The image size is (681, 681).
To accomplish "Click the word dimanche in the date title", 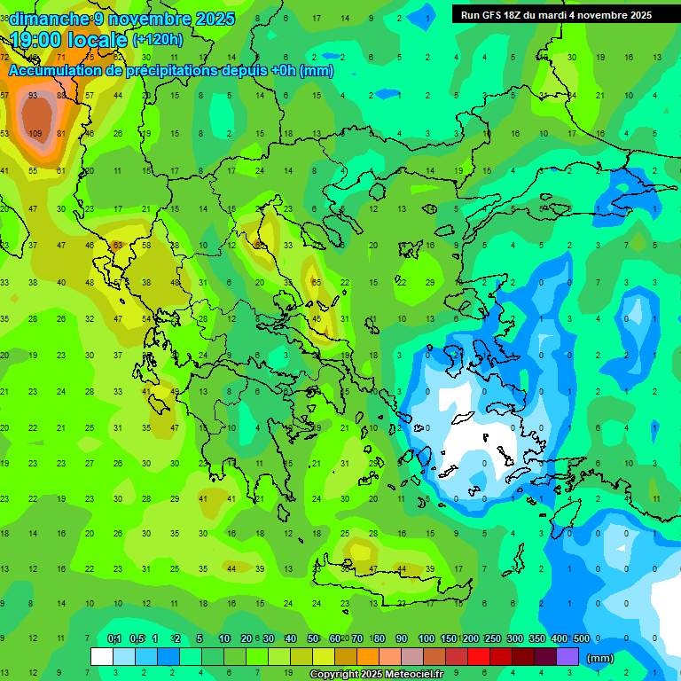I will (50, 19).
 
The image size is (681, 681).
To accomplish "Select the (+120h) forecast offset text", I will (157, 40).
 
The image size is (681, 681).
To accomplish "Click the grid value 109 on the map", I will (35, 134).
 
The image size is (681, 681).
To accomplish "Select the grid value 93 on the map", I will (33, 95).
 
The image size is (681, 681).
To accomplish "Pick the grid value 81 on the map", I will (61, 134).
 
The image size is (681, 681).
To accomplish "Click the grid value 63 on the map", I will (117, 245).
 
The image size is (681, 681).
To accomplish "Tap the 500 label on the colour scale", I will (581, 639).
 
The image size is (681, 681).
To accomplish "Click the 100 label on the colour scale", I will (426, 639).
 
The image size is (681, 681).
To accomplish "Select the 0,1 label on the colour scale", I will (113, 639).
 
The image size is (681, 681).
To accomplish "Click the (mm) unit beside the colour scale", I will (600, 658).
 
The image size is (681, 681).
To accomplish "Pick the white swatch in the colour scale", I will (102, 657).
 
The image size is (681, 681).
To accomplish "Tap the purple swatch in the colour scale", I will (567, 657).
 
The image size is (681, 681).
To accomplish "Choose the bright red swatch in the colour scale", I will (479, 657).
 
